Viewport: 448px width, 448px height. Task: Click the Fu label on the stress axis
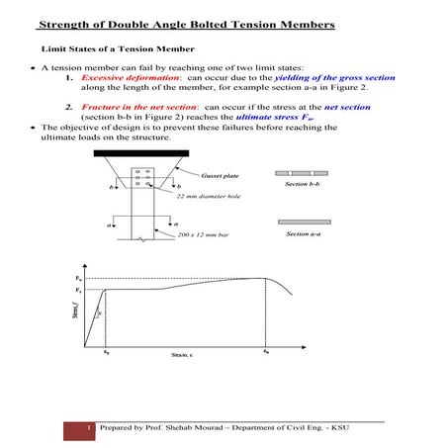point(78,279)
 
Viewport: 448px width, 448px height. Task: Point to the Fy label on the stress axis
point(78,293)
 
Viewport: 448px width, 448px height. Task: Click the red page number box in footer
point(89,428)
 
